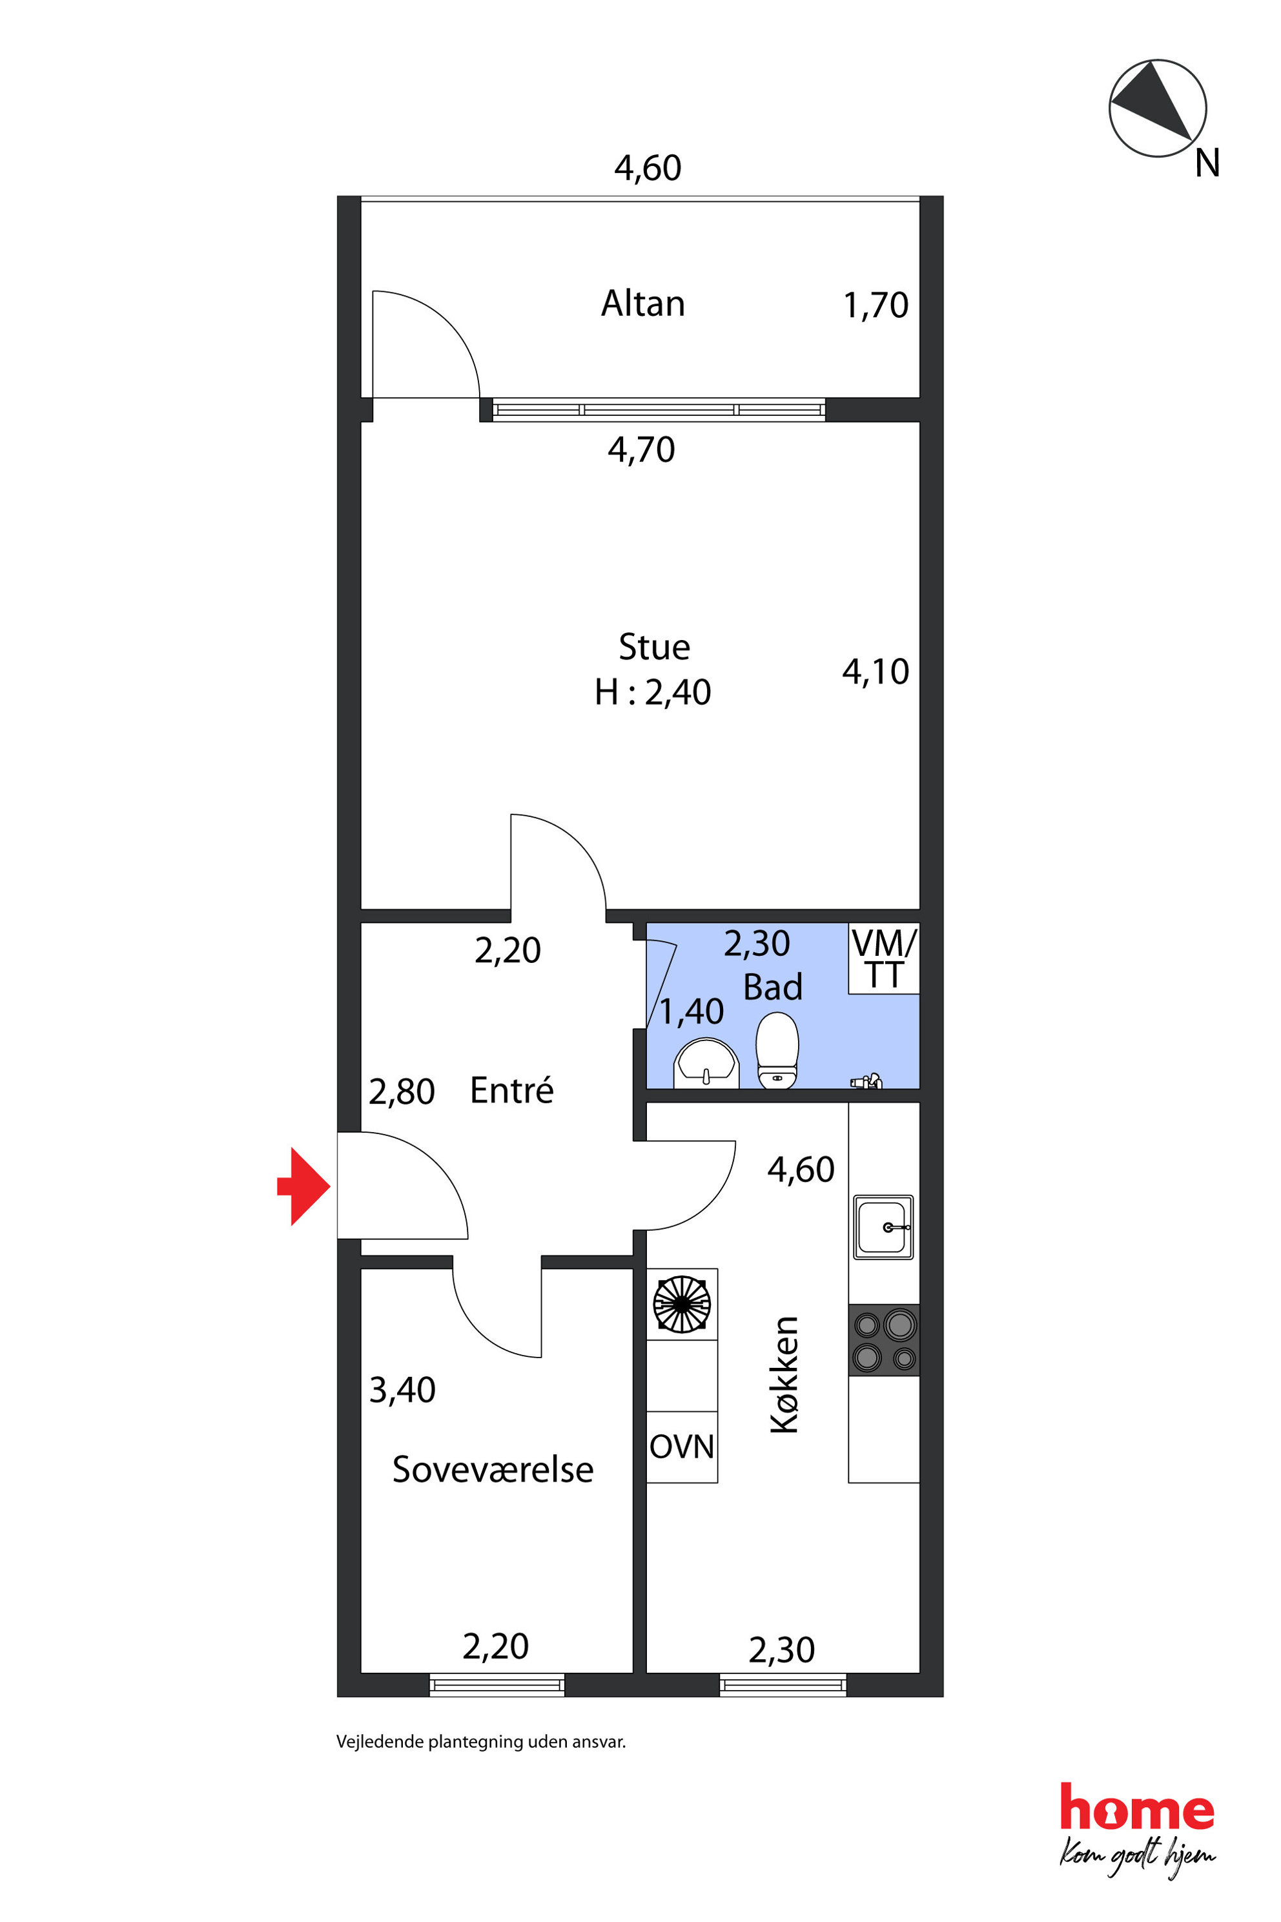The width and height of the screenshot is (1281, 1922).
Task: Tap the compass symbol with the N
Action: pyautogui.click(x=1158, y=108)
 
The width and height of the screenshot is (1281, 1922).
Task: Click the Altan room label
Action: pyautogui.click(x=643, y=303)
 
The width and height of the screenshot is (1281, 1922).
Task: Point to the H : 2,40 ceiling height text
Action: pyautogui.click(x=653, y=692)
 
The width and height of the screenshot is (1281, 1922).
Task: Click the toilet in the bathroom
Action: pyautogui.click(x=777, y=1050)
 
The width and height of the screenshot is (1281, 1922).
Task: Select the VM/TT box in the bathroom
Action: pyautogui.click(x=884, y=958)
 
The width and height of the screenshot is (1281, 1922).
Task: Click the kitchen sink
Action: pyautogui.click(x=883, y=1226)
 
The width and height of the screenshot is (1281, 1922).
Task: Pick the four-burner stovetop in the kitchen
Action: pyautogui.click(x=884, y=1340)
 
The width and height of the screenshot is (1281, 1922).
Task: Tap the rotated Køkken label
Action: pyautogui.click(x=784, y=1376)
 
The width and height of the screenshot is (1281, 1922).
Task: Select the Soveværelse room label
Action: pyautogui.click(x=493, y=1469)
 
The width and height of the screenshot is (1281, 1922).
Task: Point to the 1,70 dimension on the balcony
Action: pyautogui.click(x=875, y=305)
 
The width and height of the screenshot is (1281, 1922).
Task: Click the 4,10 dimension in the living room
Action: pyautogui.click(x=875, y=672)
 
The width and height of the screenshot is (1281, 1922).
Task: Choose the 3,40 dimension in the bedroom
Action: pyautogui.click(x=402, y=1390)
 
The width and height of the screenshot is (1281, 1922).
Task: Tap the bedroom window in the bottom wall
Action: pyautogui.click(x=497, y=1685)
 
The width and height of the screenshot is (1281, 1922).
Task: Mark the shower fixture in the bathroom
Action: pyautogui.click(x=866, y=1081)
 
